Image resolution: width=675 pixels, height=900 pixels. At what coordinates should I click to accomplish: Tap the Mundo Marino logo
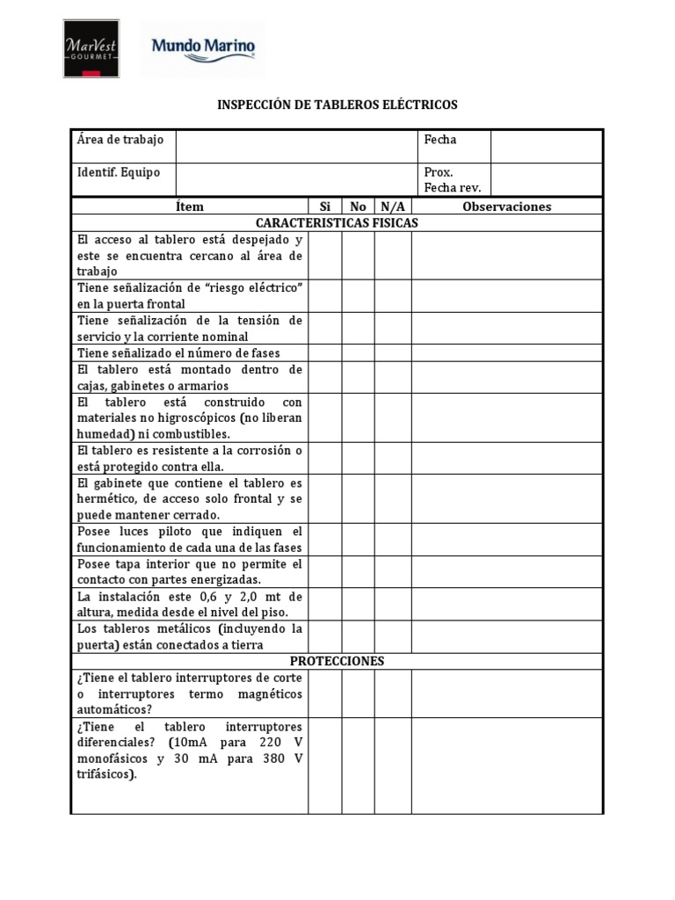[x=205, y=47]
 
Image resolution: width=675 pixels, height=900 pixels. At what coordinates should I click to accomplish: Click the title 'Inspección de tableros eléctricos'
[x=337, y=105]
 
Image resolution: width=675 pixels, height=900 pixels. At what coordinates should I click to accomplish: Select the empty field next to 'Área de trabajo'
[x=296, y=146]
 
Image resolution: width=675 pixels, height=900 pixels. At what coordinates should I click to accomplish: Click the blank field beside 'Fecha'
[x=546, y=146]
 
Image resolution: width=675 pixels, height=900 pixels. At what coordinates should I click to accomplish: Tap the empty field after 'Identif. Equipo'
[x=296, y=179]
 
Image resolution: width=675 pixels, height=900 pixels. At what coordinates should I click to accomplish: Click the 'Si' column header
[x=324, y=207]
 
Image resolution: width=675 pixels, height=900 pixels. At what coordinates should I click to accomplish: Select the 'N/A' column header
[x=392, y=207]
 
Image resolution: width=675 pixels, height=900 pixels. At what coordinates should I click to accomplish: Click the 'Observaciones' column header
[x=506, y=207]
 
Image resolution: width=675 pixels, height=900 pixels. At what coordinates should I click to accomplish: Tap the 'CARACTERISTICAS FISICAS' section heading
[x=337, y=223]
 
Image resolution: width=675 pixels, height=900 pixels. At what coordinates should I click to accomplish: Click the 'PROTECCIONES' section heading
[x=337, y=661]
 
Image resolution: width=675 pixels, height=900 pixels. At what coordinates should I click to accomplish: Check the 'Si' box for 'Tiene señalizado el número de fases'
[x=324, y=352]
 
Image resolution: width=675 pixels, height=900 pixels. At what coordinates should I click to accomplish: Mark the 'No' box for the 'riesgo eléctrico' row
[x=358, y=296]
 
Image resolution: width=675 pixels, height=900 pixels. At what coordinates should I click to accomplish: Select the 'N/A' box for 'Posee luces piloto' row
[x=392, y=540]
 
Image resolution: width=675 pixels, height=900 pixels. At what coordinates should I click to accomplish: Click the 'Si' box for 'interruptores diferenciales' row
[x=324, y=766]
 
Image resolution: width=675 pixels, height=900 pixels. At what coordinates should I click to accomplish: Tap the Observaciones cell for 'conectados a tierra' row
[x=506, y=636]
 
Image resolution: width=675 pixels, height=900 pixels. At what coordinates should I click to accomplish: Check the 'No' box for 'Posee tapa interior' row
[x=358, y=571]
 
